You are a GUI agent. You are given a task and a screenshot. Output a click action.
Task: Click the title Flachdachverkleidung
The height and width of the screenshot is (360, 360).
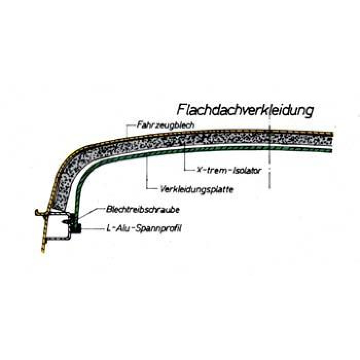(245, 110)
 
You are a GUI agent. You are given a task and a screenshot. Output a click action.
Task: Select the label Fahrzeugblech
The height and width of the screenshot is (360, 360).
(166, 125)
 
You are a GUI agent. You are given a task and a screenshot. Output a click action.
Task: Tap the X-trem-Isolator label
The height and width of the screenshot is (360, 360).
(229, 170)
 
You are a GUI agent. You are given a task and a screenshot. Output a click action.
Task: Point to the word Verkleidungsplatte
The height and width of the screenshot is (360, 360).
(197, 190)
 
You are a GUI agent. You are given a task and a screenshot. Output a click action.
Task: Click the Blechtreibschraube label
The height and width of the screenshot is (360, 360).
(142, 210)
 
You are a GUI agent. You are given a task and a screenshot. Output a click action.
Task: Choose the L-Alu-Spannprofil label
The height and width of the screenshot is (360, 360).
(144, 228)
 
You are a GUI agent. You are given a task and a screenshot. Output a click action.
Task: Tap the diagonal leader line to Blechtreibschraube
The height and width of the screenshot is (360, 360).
(91, 213)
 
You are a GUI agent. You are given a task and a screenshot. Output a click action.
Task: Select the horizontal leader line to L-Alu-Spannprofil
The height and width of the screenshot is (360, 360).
(92, 229)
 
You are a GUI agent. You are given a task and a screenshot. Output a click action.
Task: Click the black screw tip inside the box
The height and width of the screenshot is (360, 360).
(65, 221)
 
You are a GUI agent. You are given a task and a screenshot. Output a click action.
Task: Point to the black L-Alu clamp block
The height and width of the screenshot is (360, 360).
(76, 223)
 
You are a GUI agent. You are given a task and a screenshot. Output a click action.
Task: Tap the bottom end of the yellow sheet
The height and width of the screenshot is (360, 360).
(43, 251)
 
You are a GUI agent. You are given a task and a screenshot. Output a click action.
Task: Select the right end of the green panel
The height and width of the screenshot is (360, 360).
(332, 151)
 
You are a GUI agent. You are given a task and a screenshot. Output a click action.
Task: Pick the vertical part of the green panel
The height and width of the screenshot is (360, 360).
(78, 195)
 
